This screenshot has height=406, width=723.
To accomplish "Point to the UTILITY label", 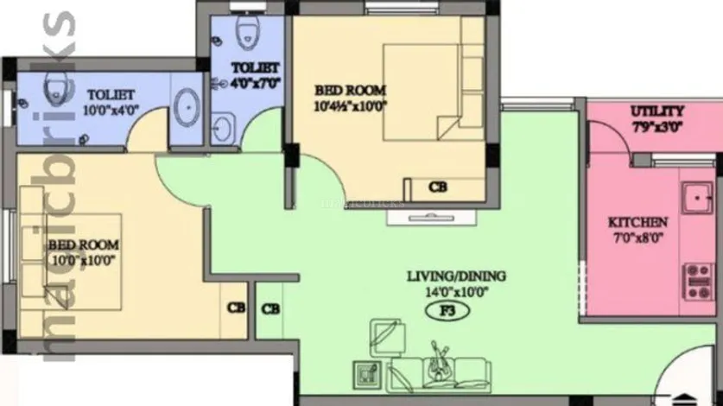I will coord(657,111).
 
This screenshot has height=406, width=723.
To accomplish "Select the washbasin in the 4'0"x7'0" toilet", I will coord(222,130).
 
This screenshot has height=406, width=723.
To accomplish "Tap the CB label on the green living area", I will coord(270,308).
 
